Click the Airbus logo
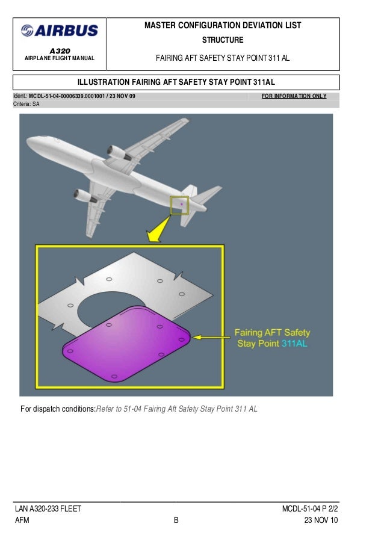[59, 31]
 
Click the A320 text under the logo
[59, 51]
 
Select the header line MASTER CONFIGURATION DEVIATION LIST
[223, 25]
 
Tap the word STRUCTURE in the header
[223, 40]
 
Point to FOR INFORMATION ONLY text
[295, 96]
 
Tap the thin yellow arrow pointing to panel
[211, 338]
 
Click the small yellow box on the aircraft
[179, 205]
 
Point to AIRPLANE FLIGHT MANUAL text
[59, 59]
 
